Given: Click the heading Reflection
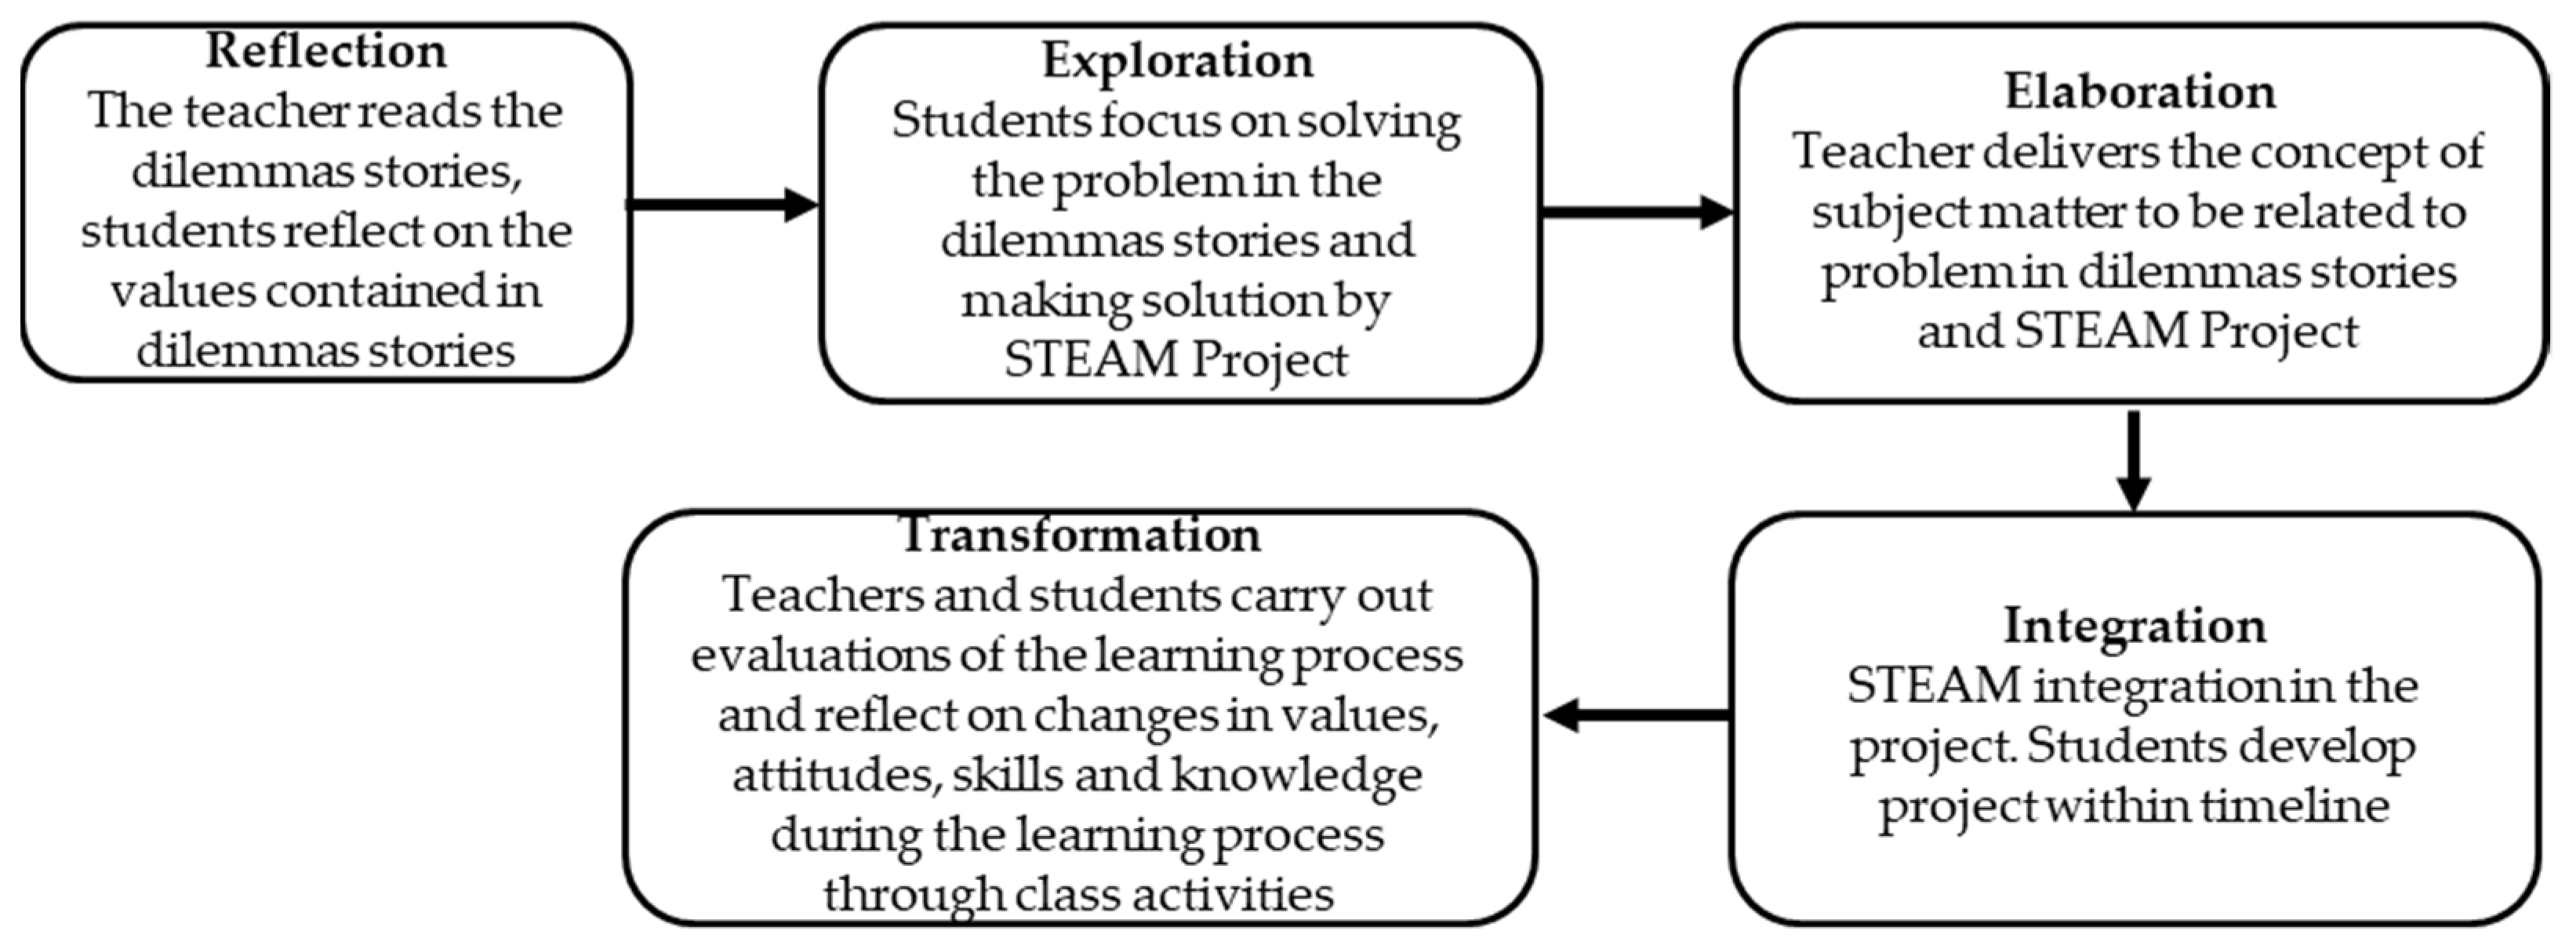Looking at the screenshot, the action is (326, 51).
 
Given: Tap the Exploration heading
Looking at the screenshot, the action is (1178, 61).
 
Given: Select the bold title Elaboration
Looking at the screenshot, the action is (2140, 92).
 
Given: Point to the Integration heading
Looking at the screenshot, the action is (2135, 626).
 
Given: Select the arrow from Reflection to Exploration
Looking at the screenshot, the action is (723, 205).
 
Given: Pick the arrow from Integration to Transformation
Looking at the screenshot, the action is (1637, 714).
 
